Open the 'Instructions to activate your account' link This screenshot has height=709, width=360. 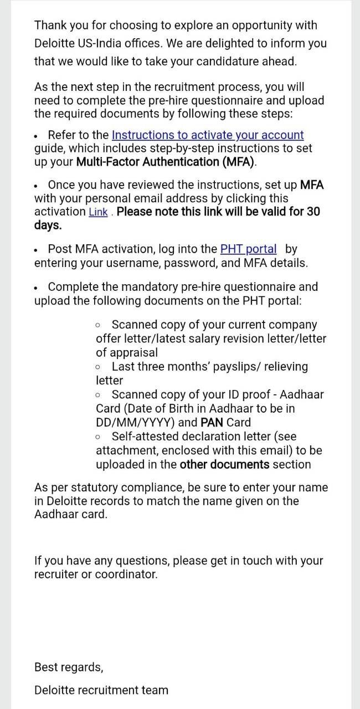[208, 135]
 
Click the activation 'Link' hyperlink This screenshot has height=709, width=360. [98, 212]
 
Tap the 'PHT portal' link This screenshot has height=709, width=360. [248, 249]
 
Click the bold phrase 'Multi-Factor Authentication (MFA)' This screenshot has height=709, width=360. [166, 162]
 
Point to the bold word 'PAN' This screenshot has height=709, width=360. [212, 422]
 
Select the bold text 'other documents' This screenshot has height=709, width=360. [224, 464]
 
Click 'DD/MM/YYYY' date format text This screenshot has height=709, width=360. [136, 422]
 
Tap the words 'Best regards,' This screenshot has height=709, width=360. [69, 667]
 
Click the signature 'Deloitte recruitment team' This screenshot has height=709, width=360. [101, 690]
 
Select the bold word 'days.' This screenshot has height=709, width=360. [48, 225]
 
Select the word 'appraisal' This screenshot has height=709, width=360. [127, 352]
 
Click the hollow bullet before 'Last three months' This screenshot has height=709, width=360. [98, 367]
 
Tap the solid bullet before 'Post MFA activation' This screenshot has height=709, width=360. [36, 250]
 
